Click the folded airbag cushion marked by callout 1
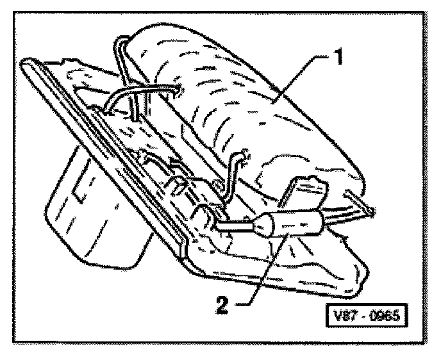[x=244, y=102]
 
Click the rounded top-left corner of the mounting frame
[x=29, y=63]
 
